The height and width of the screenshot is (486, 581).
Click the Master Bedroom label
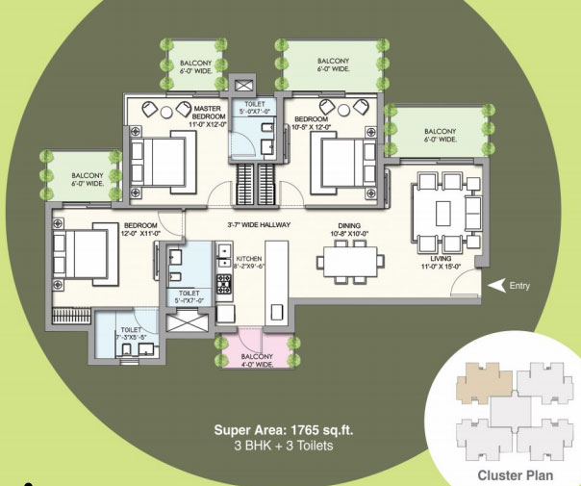pos(209,115)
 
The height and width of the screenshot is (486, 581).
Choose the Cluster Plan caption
pos(517,474)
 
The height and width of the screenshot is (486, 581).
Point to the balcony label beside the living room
pos(439,135)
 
